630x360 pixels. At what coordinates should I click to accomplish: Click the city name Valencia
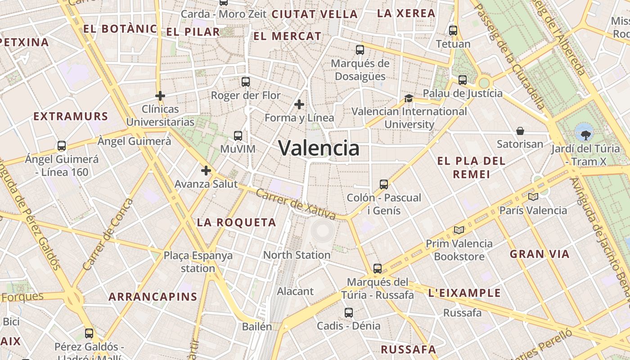point(319,148)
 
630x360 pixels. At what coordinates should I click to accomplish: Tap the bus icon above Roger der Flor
point(245,81)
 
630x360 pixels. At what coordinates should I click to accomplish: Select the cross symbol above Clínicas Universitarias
point(160,96)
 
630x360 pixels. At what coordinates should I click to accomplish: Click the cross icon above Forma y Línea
point(299,104)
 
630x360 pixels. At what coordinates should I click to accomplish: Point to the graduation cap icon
point(409,98)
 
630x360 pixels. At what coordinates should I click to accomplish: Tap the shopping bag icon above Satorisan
point(520,131)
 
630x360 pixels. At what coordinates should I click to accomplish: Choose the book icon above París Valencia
point(533,197)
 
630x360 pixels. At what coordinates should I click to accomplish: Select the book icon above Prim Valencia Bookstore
point(459,230)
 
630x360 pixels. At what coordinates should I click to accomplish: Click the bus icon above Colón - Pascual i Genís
point(384,184)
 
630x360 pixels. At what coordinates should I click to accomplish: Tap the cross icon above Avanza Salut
point(206,171)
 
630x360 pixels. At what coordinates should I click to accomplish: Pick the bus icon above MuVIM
point(238,135)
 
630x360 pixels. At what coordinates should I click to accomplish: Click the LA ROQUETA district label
point(237,222)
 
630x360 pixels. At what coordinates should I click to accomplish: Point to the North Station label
point(297,255)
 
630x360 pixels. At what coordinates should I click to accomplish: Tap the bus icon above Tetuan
point(453,31)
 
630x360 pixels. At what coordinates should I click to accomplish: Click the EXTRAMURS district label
point(71,117)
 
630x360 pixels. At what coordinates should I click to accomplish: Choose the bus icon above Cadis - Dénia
point(349,312)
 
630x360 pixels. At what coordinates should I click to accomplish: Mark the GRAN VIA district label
point(540,254)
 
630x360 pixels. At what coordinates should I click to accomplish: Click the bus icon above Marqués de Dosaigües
point(360,50)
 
